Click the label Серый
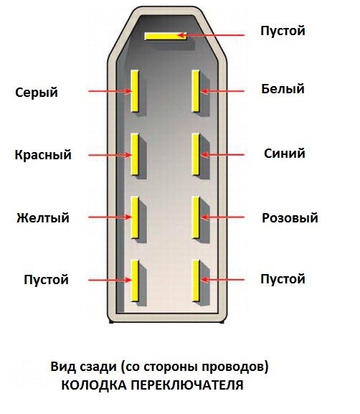tap(37, 93)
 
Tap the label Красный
tap(43, 154)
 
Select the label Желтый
tap(43, 218)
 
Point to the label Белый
tap(283, 89)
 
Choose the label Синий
tap(285, 154)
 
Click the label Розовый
tap(290, 218)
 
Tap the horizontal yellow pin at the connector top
tap(166, 36)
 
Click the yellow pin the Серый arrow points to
tap(135, 91)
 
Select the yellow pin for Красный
tap(135, 154)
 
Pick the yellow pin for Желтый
tap(135, 217)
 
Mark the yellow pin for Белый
tap(196, 91)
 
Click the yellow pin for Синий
tap(196, 154)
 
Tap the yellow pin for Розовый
tap(196, 217)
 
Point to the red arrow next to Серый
tap(110, 91)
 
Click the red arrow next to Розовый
tap(222, 217)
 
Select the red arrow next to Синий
tap(222, 155)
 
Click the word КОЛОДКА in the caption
tap(94, 385)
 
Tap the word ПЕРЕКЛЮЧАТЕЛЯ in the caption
tap(187, 385)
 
